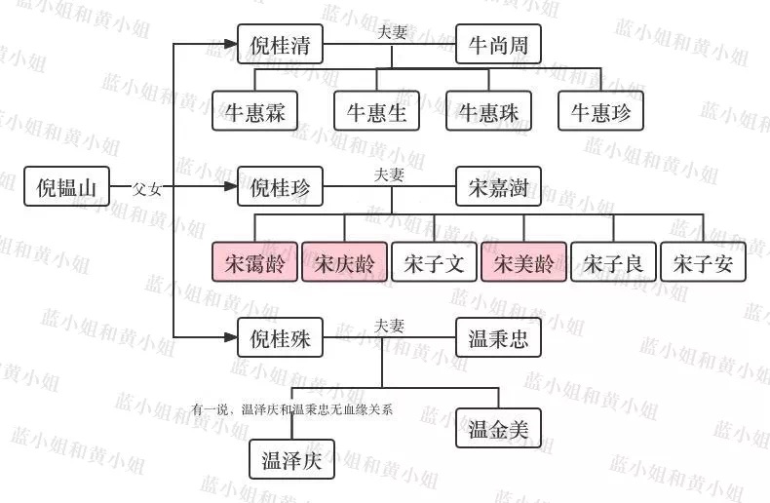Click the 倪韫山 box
pos(66,186)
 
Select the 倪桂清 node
pos(281,45)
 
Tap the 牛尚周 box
pos(498,45)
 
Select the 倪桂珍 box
pos(281,186)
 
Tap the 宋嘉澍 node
pos(498,186)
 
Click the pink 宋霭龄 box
pos(254,261)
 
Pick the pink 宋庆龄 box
pos(344,261)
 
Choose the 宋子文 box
pos(434,261)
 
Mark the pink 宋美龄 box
pos(523,261)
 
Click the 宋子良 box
pos(613,261)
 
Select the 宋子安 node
pos(703,261)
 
